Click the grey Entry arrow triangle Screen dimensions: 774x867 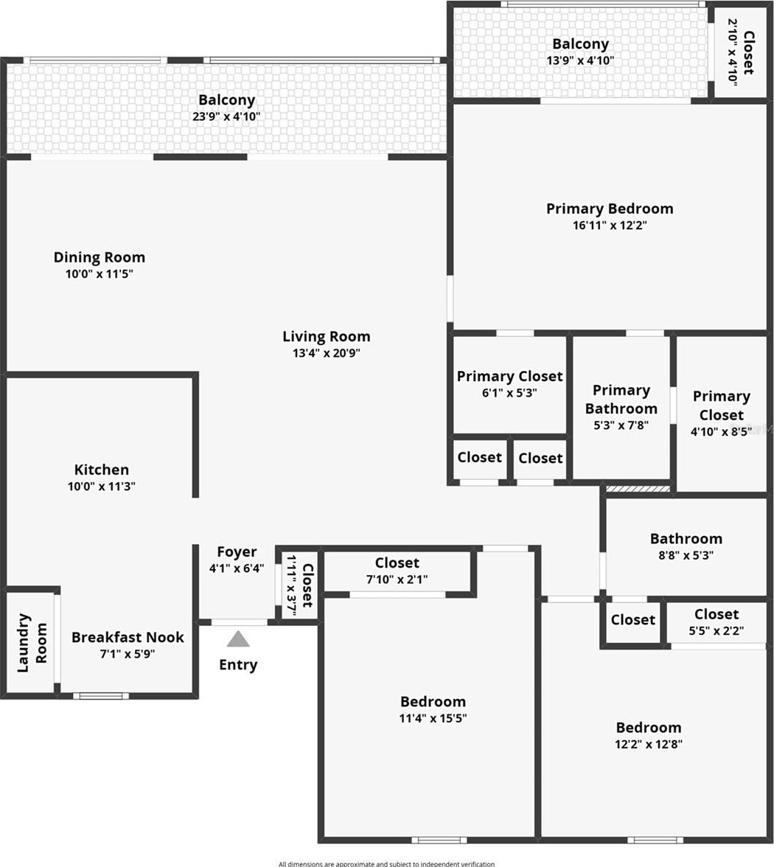point(238,639)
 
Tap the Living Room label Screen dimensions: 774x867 point(326,336)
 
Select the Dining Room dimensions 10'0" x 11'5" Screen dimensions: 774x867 point(100,274)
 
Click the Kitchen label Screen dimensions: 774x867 point(102,470)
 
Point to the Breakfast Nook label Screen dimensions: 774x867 point(128,637)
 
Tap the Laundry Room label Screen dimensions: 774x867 point(32,643)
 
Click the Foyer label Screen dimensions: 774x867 point(237,551)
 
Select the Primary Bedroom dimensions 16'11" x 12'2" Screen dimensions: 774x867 point(610,225)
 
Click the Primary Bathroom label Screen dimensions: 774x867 point(621,400)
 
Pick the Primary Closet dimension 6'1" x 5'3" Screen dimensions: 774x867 point(509,392)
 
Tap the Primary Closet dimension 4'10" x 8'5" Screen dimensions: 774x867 point(721,431)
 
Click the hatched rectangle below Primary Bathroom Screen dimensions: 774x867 point(638,489)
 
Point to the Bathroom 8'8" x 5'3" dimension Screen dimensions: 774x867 point(686,555)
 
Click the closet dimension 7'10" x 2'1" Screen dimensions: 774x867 point(397,579)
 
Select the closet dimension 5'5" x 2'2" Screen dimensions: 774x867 point(717,631)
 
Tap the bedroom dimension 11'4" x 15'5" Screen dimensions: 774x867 point(433,718)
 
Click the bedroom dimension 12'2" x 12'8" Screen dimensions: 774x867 point(649,745)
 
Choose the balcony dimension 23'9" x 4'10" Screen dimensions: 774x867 point(227,116)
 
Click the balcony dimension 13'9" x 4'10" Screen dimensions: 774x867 point(581,60)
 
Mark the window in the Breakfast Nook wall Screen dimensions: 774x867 point(101,696)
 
